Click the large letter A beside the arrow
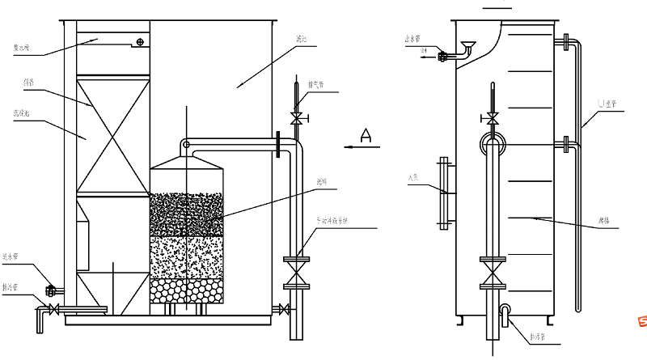(366, 135)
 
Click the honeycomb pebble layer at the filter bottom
(186, 292)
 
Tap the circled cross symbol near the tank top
(141, 41)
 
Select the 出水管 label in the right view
(414, 38)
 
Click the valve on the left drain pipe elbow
(53, 310)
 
